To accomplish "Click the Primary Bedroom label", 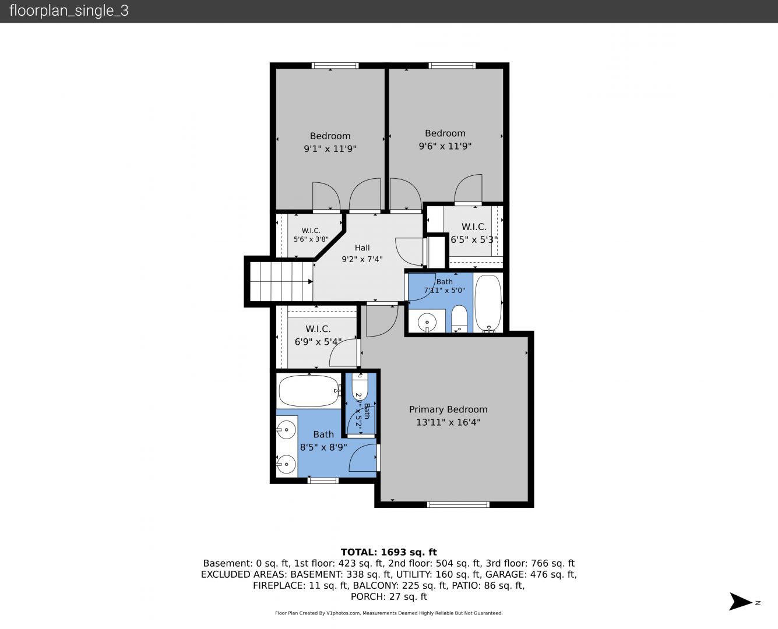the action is pos(448,409).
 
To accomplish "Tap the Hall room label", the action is pos(362,248).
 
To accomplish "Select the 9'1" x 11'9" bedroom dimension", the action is pos(330,149).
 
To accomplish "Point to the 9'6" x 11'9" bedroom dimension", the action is pos(445,146).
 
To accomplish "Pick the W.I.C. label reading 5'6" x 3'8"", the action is pos(311,235).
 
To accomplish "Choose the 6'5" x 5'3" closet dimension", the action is pos(474,239).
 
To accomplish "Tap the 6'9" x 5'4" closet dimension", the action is pos(318,342).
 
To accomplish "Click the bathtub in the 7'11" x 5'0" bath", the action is pos(488,303).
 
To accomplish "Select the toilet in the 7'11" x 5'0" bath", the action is pos(459,319).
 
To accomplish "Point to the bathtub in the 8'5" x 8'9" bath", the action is pos(309,391).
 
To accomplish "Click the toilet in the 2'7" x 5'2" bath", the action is pos(360,386).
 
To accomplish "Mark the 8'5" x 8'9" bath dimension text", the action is pos(323,447).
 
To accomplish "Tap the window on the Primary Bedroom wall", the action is pos(458,505).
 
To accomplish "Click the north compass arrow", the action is pos(740,602).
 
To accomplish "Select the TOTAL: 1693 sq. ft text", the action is pos(389,552).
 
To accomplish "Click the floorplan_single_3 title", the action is pos(69,10).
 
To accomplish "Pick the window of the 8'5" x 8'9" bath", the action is pos(323,480).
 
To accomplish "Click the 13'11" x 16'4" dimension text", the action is pos(448,422).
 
